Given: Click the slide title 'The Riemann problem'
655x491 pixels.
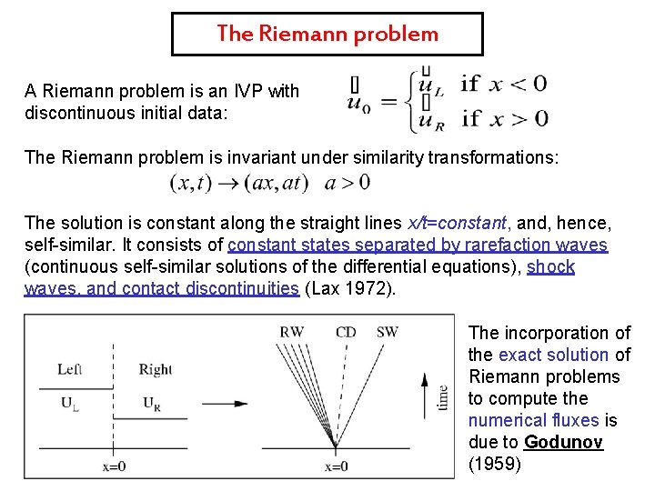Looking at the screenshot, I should pyautogui.click(x=327, y=35).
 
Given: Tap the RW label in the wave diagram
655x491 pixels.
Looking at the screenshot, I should pyautogui.click(x=292, y=332).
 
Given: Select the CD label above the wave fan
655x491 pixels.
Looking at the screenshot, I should pyautogui.click(x=346, y=332).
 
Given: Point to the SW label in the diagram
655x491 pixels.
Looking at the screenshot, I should pyautogui.click(x=387, y=332).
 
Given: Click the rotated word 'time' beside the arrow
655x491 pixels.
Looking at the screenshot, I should pyautogui.click(x=442, y=397).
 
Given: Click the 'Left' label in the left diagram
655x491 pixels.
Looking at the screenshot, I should pyautogui.click(x=70, y=369).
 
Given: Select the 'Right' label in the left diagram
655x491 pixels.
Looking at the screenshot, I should pyautogui.click(x=156, y=369).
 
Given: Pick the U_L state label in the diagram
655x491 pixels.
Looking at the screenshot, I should pyautogui.click(x=69, y=403).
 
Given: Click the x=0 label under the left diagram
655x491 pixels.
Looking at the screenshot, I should pyautogui.click(x=113, y=466).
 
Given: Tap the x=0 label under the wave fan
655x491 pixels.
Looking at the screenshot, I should pyautogui.click(x=336, y=466).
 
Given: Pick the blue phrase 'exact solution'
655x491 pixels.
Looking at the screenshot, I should pyautogui.click(x=553, y=355).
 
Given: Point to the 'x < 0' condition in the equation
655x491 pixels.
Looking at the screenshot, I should pyautogui.click(x=519, y=85).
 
